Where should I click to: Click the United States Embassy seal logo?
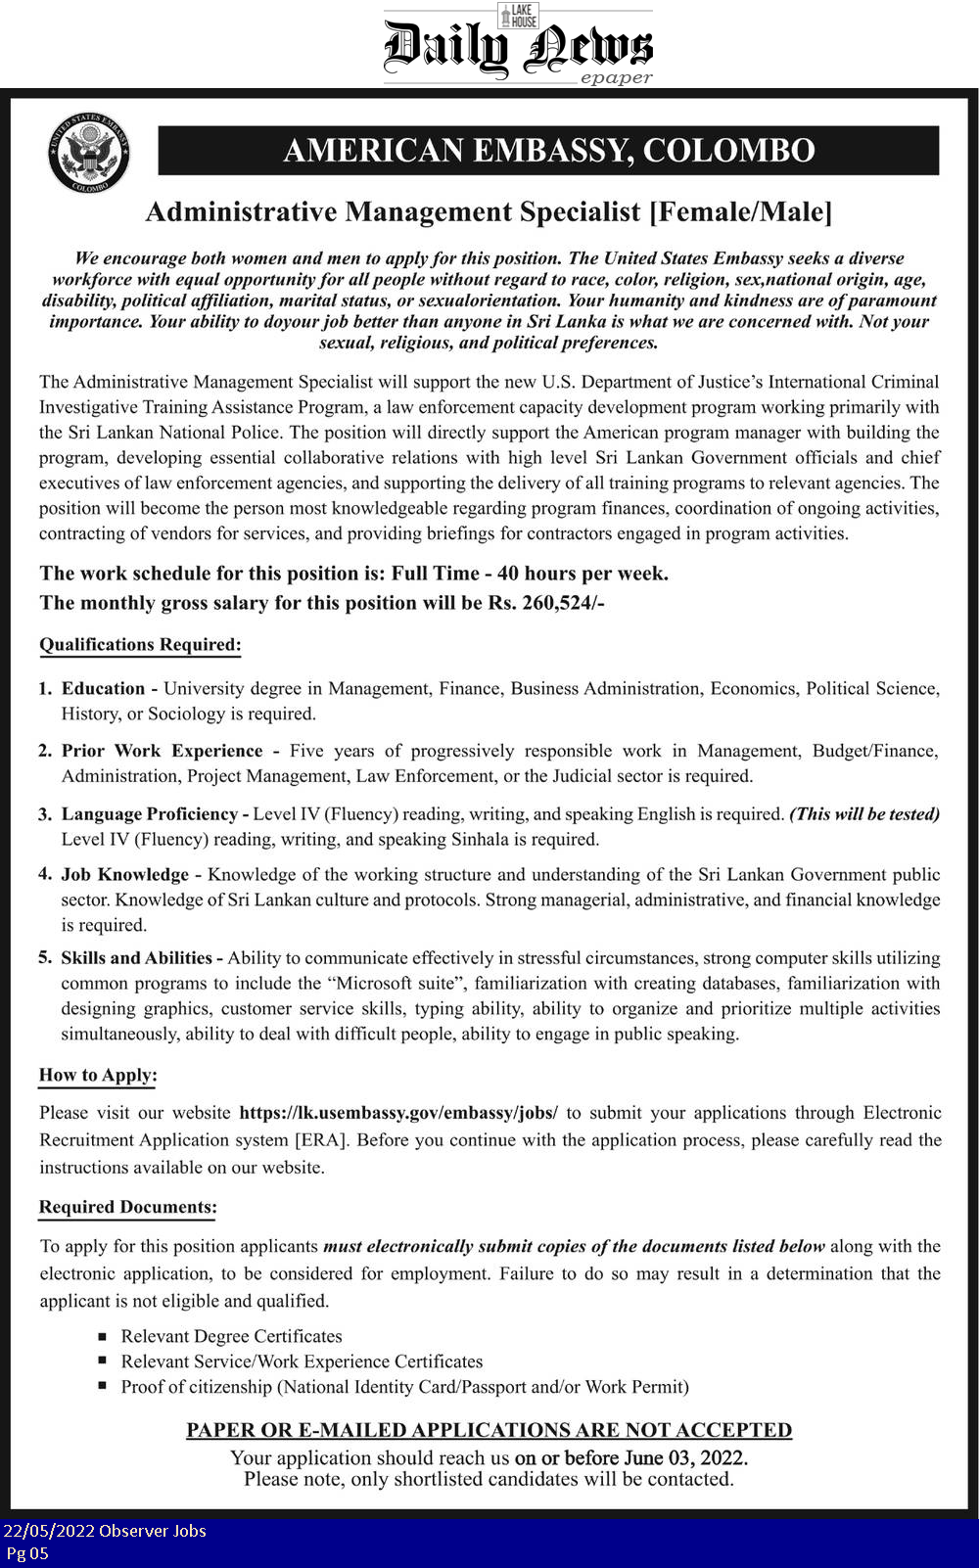tap(89, 152)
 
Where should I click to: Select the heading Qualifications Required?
tap(140, 645)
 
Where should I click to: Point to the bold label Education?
tap(103, 688)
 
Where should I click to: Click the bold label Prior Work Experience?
tap(163, 751)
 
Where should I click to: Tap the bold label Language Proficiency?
tap(150, 814)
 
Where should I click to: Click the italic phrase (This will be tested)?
tap(864, 814)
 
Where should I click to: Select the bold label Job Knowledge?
tap(125, 874)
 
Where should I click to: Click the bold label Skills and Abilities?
tap(137, 957)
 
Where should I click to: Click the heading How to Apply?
tap(98, 1075)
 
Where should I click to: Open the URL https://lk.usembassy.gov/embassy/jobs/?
tap(398, 1113)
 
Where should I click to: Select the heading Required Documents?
tap(127, 1207)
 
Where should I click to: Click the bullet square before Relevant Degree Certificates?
tap(103, 1336)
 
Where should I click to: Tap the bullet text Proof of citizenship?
tap(196, 1387)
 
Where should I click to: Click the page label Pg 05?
tap(26, 1553)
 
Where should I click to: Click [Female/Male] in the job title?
tap(741, 211)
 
